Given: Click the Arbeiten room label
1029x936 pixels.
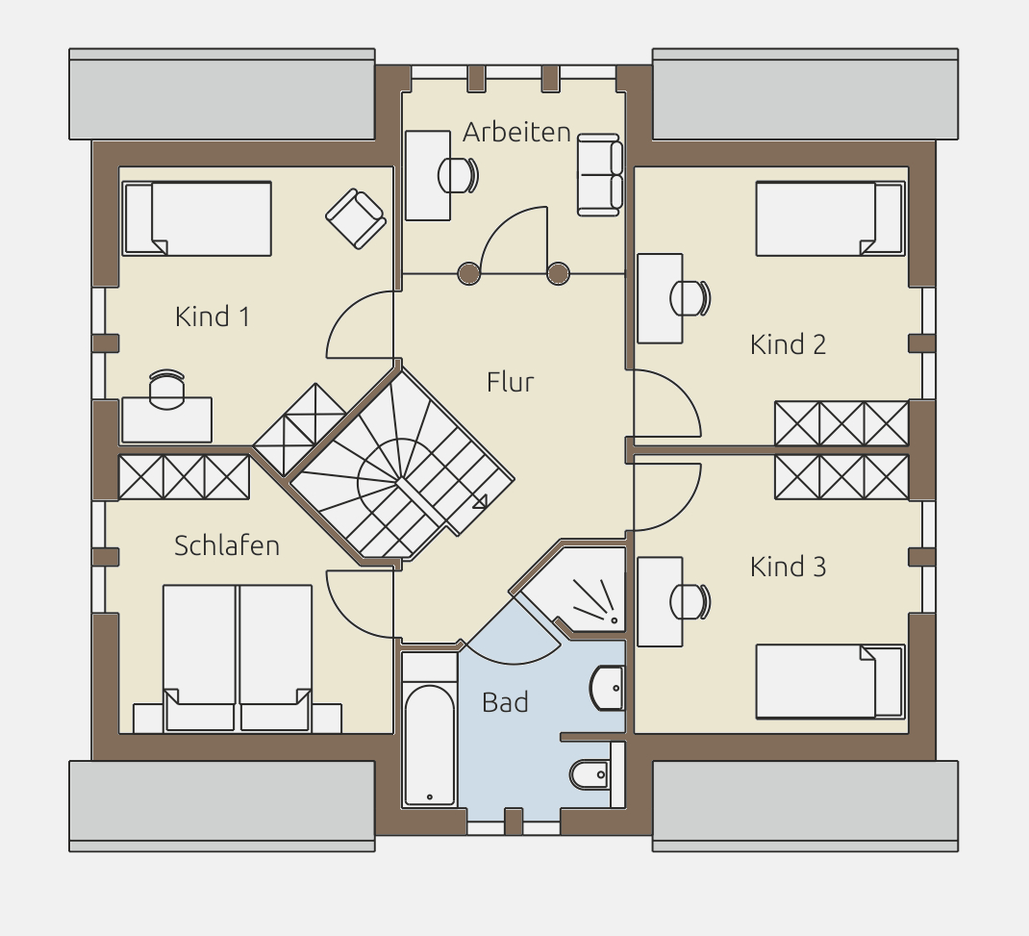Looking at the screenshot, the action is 516,132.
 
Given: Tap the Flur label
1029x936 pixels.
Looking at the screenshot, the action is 510,382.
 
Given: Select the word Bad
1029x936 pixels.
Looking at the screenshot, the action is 505,702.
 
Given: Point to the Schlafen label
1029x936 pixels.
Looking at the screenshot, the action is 226,545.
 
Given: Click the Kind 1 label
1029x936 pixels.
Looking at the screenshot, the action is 212,316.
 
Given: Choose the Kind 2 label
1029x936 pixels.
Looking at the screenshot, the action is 788,344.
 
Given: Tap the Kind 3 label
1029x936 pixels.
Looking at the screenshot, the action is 788,567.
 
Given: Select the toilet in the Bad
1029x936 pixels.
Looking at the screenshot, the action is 589,775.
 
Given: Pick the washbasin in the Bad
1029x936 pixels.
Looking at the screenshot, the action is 607,688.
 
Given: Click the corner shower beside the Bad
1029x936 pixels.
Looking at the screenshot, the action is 578,590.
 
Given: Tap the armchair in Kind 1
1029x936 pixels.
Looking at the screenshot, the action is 356,218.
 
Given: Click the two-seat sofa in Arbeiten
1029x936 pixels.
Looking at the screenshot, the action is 599,175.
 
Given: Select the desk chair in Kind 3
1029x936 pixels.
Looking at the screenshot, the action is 690,601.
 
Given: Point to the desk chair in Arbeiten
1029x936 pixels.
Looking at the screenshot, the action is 458,175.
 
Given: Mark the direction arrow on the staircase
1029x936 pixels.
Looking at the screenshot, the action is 480,501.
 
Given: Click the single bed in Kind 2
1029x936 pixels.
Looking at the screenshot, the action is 830,218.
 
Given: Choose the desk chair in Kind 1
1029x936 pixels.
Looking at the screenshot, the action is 166,390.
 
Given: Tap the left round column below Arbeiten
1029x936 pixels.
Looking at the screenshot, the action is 468,274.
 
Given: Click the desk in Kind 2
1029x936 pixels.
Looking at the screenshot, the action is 660,298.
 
